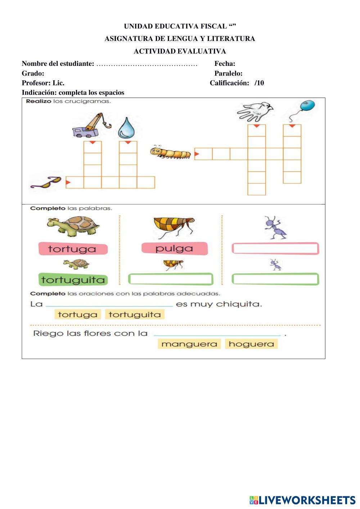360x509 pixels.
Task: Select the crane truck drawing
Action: pos(91,126)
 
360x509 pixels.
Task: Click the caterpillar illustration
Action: pos(170,152)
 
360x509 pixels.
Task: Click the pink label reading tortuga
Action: pos(73,249)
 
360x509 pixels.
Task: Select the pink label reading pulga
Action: pos(175,248)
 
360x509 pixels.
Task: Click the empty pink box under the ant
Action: pos(275,248)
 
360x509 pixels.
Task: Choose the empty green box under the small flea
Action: pos(171,279)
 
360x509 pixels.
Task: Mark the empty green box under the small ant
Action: pos(275,279)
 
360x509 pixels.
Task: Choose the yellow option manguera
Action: pos(189,344)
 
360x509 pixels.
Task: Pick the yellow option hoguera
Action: pos(251,344)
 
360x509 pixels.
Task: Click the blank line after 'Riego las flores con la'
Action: pos(217,334)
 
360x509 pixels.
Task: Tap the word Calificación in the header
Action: pos(229,83)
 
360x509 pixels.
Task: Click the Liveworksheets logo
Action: pos(302,500)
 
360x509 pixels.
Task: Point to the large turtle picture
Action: pos(74,226)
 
